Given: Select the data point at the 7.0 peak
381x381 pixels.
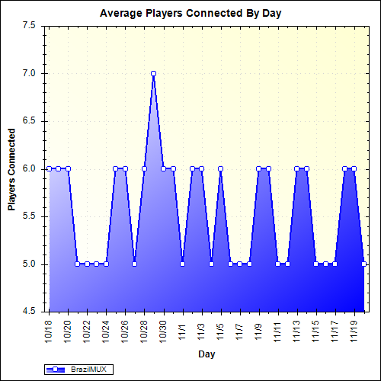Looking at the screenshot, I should (x=153, y=74).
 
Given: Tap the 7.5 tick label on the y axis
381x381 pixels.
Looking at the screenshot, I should (x=30, y=26).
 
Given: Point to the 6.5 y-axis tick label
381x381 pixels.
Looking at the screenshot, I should (x=30, y=121).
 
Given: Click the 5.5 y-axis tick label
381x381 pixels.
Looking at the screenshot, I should (x=30, y=216).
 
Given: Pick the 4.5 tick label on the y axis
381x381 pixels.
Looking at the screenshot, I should (x=30, y=312).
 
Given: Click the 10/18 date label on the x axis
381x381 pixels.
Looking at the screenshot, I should (x=50, y=330).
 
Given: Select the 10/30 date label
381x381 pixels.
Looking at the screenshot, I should (x=163, y=330).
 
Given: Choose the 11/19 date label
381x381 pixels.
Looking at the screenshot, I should (x=354, y=330).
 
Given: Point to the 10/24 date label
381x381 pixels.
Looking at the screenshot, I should (x=106, y=330).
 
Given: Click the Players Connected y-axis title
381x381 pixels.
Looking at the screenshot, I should (x=11, y=168).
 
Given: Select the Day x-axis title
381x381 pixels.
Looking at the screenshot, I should (x=206, y=354).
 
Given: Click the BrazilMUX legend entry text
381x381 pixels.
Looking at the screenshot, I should (x=88, y=370).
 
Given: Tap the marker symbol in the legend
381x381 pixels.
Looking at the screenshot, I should (x=57, y=370).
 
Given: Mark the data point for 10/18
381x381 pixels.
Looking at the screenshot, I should (x=49, y=168).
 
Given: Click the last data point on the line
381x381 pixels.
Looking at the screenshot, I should (x=364, y=264).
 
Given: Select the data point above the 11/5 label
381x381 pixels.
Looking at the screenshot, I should (x=220, y=168).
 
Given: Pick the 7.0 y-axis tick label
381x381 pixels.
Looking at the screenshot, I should (x=30, y=74).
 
